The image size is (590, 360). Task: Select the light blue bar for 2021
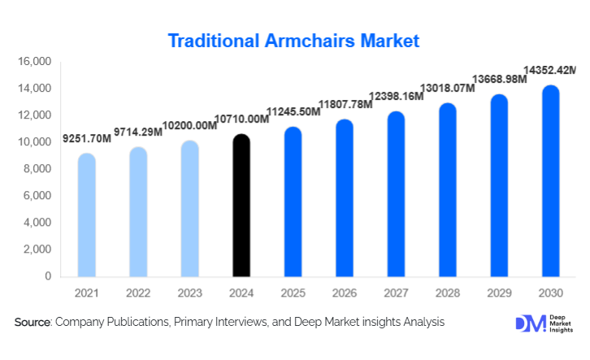tap(86, 215)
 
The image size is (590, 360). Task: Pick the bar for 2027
tap(396, 195)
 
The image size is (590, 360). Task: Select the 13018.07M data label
tap(447, 89)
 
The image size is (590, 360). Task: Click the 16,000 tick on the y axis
tap(33, 62)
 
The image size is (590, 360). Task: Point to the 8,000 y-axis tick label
tap(37, 169)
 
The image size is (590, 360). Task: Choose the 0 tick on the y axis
tap(48, 276)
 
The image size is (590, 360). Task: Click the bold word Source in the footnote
tap(32, 323)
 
